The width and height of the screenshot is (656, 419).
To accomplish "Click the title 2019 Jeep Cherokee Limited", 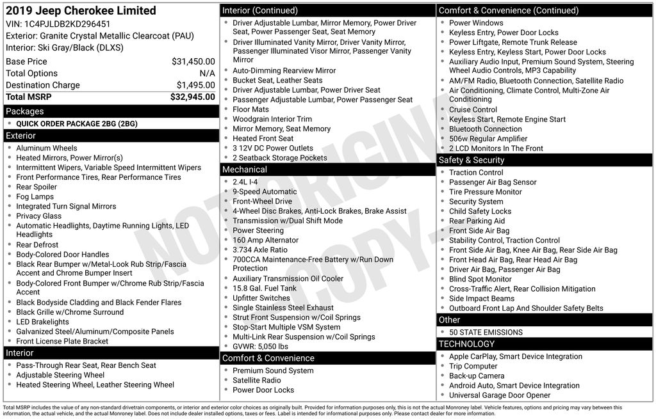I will click(80, 11).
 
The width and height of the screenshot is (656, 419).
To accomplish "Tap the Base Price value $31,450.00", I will click(193, 61).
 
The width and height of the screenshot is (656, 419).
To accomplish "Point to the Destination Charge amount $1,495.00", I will click(195, 85).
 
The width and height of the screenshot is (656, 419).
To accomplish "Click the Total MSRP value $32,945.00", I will click(192, 97).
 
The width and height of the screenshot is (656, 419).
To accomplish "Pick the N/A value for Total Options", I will click(207, 74).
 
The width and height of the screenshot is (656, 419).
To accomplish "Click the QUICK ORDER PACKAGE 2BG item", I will click(77, 123).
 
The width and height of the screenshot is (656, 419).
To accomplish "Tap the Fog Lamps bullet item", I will click(35, 196).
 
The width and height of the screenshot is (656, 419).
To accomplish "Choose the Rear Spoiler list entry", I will click(37, 187).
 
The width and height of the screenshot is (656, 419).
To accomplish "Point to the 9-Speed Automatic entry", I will click(265, 191).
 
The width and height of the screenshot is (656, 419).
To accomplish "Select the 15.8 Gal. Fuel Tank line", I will click(265, 289).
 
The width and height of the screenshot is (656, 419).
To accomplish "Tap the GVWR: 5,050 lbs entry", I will click(260, 347).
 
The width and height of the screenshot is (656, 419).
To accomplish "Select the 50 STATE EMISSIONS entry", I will click(486, 332).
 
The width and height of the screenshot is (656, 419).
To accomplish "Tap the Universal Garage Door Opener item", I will click(500, 395).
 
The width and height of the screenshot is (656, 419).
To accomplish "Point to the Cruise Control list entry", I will click(473, 109).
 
